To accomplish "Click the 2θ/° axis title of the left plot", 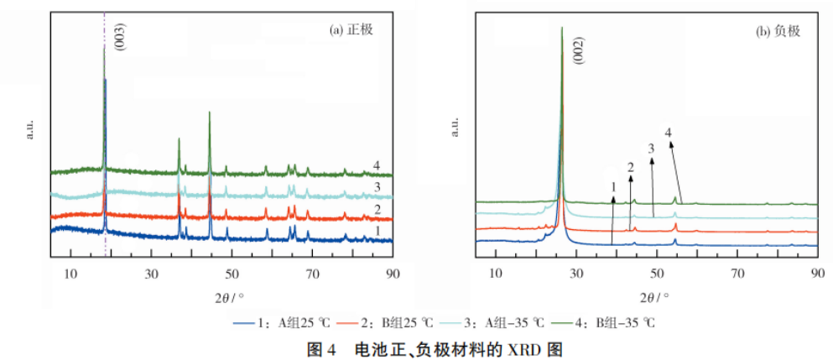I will click(225, 296).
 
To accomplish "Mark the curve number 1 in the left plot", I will click(377, 229).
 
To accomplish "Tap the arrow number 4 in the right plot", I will click(669, 133).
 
